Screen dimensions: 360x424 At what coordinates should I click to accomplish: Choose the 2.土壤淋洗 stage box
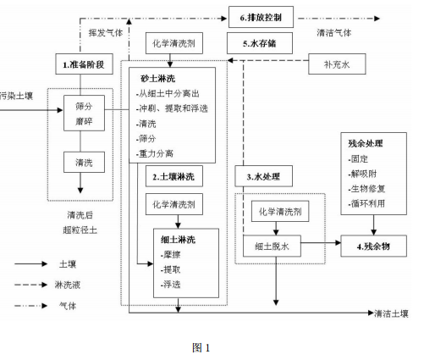point(174,178)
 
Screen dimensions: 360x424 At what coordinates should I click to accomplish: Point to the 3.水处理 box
point(263,178)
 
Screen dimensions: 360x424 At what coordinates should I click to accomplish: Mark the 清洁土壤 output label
point(391,313)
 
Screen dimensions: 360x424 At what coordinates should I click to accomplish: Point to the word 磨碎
point(82,120)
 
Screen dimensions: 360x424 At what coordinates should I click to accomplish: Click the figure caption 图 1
point(201,346)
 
